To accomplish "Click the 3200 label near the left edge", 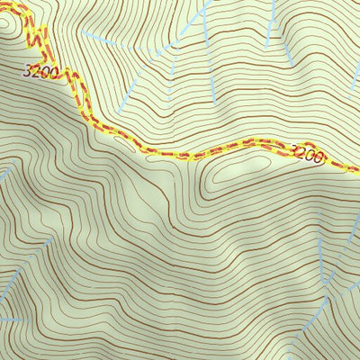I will coord(42,70).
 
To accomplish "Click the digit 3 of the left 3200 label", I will coord(31,70).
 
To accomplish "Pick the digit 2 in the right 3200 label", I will coord(301,153).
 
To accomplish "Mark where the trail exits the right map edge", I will coord(357,167).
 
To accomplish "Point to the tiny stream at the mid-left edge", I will coord(4,171).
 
